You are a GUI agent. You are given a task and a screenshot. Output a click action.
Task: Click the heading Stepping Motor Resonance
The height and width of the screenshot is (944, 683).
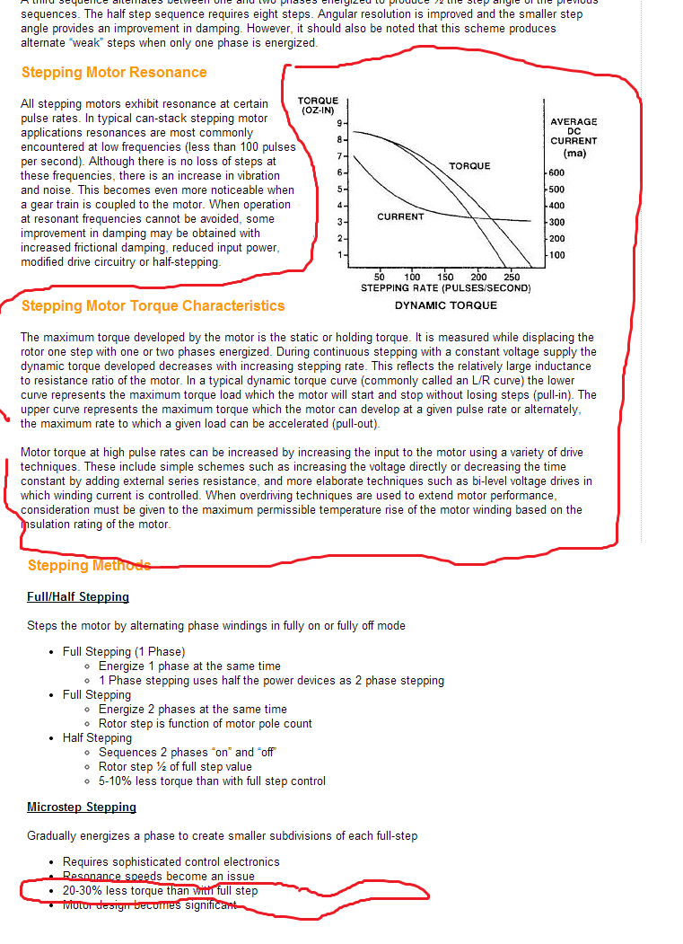(x=114, y=73)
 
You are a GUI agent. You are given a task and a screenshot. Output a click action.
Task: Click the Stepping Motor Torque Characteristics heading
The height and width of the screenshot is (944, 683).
(x=153, y=306)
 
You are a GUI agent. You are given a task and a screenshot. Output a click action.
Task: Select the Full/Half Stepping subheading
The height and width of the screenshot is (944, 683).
(x=78, y=597)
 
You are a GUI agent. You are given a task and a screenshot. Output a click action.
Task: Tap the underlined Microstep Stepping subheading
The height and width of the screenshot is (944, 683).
(x=82, y=807)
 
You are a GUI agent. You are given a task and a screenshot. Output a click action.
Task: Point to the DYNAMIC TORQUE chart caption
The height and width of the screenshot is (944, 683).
(x=445, y=305)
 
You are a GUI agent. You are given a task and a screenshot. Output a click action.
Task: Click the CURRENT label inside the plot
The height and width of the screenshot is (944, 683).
(x=400, y=216)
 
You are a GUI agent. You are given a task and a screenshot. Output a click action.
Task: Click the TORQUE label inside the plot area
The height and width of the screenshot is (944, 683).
(x=469, y=166)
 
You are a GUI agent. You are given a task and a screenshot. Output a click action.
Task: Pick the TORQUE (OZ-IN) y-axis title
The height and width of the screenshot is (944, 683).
(x=318, y=105)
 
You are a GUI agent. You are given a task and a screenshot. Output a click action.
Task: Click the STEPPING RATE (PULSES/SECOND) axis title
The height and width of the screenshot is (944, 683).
(x=445, y=288)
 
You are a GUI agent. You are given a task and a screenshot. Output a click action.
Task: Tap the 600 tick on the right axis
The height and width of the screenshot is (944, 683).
(x=556, y=172)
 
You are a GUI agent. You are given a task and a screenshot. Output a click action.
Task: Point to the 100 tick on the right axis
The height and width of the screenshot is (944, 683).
(x=556, y=255)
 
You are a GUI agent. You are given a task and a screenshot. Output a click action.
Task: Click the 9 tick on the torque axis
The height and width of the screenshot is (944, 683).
(x=339, y=122)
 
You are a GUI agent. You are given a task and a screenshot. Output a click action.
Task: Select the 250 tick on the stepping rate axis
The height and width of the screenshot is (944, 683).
(x=512, y=278)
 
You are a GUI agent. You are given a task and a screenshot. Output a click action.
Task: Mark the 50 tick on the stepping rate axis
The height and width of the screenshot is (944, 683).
(x=380, y=278)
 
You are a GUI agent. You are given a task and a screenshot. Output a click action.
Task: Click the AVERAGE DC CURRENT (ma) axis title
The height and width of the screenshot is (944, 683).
(x=574, y=137)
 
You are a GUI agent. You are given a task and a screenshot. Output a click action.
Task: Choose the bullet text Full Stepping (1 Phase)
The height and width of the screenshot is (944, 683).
(x=124, y=652)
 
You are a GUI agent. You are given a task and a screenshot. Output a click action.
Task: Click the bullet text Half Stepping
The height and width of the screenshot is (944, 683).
(x=97, y=738)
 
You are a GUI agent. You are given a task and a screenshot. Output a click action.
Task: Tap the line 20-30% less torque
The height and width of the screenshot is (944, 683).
(x=160, y=891)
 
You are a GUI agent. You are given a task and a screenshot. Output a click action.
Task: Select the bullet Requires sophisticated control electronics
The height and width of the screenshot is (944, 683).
(x=171, y=862)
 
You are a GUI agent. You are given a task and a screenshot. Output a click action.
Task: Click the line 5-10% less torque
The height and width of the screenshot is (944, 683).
(x=212, y=781)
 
